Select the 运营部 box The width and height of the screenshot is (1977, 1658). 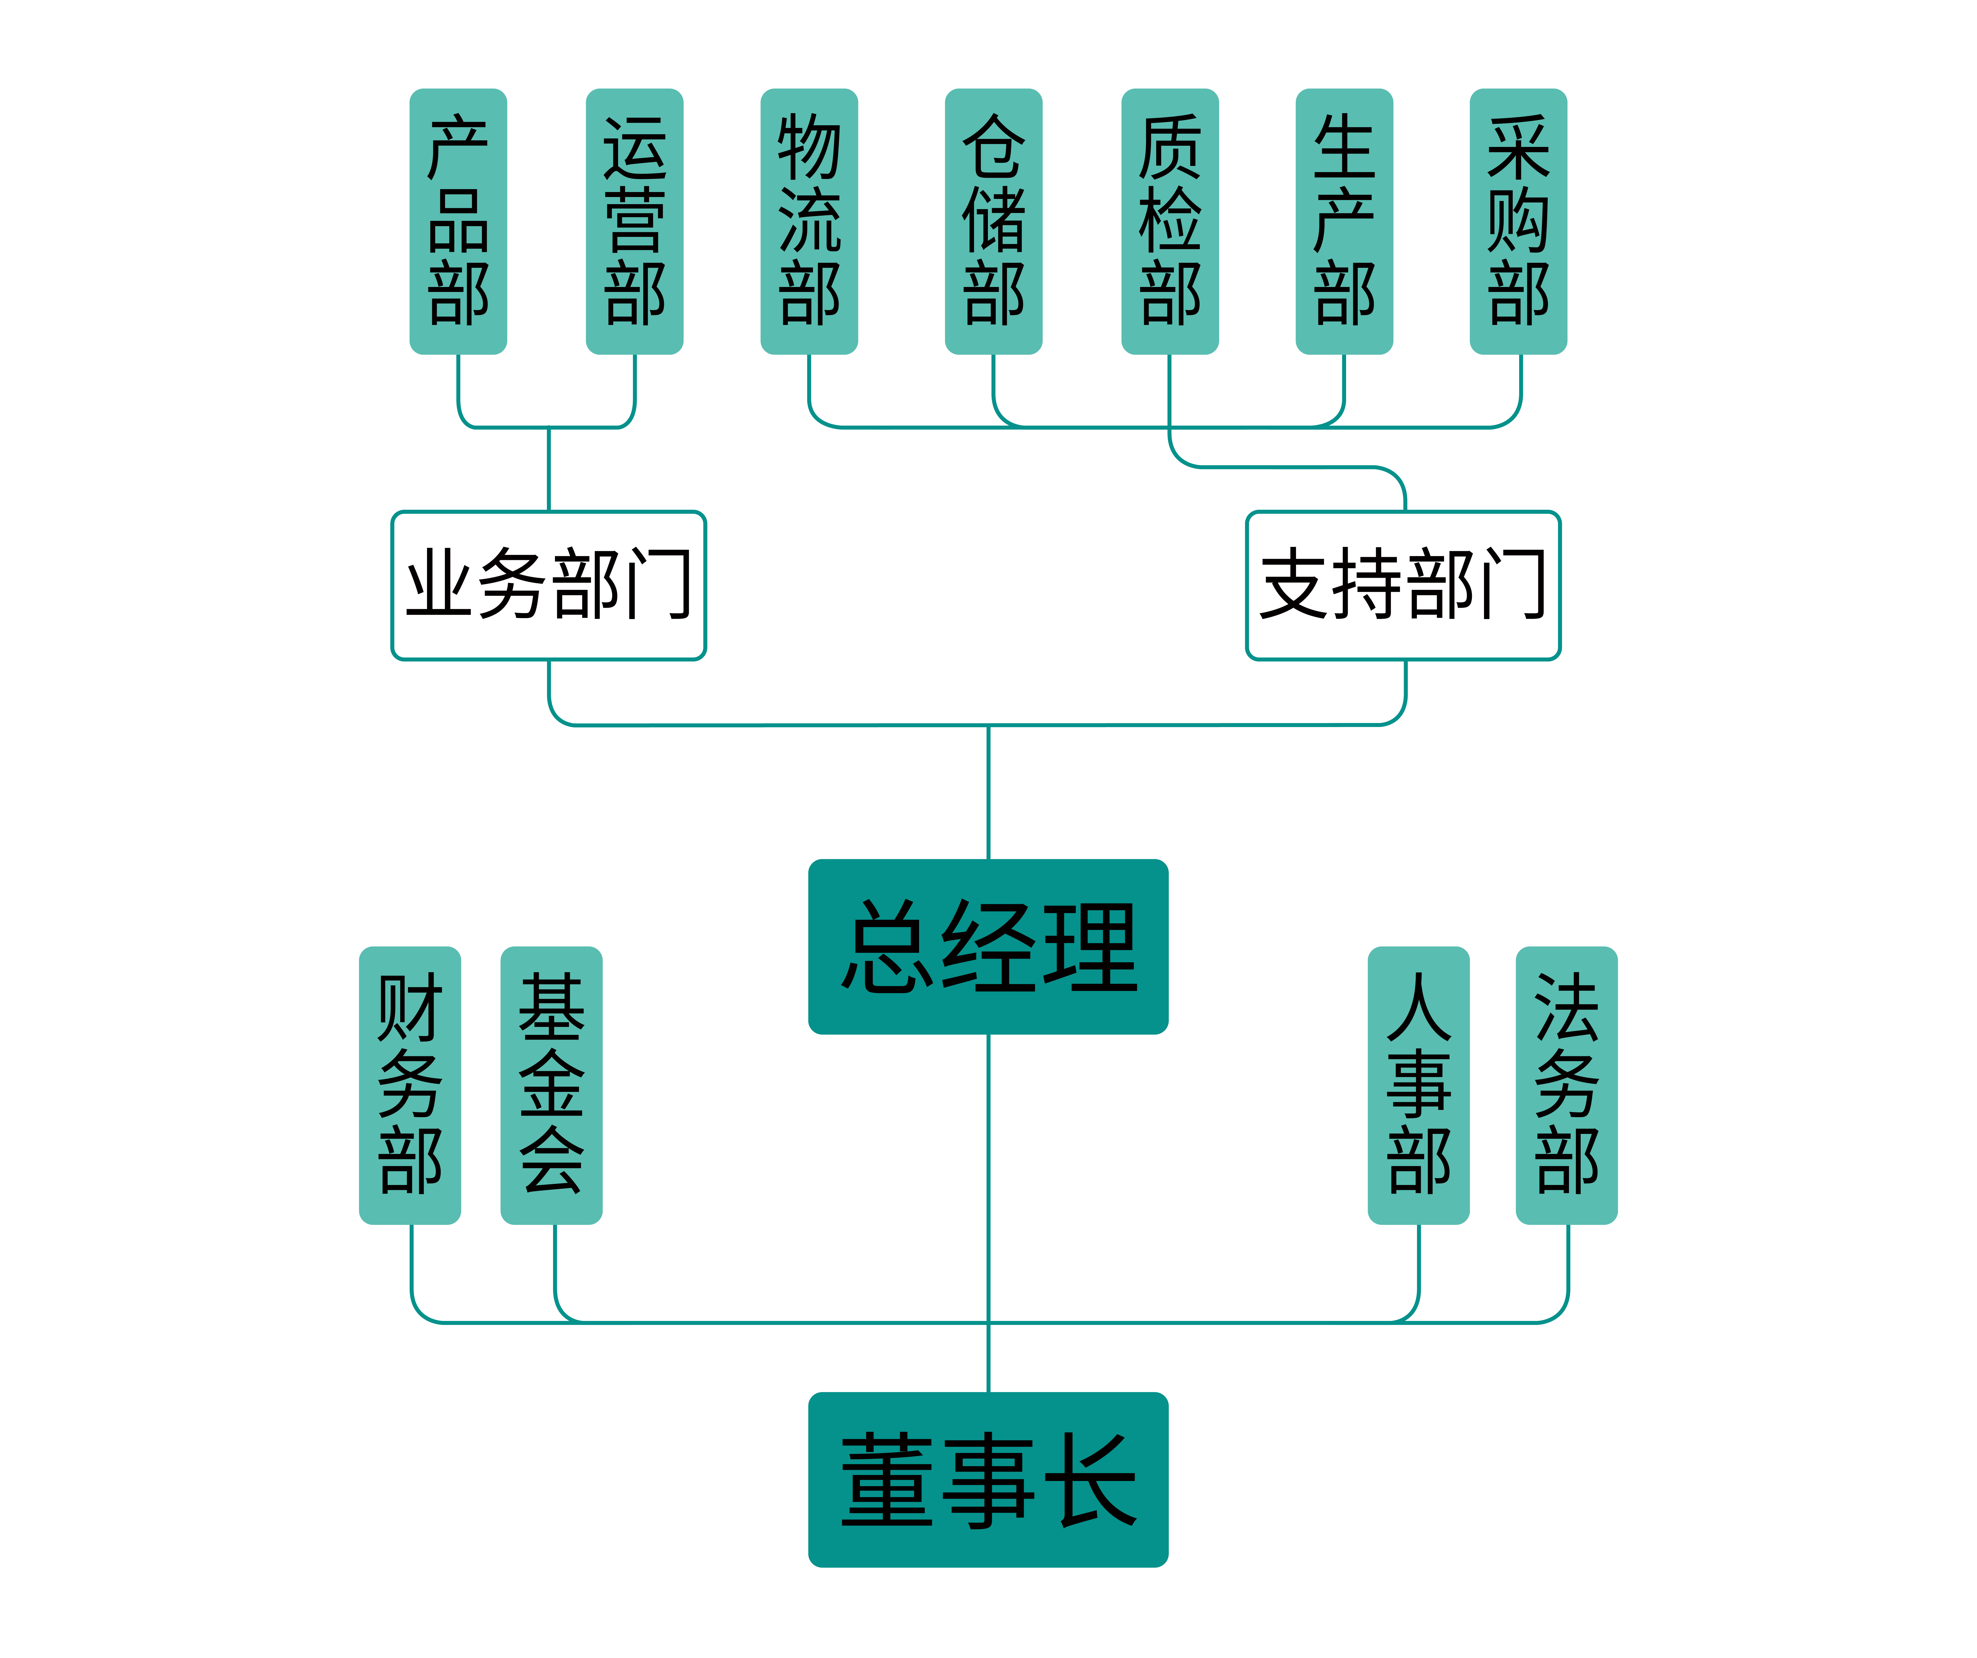634,221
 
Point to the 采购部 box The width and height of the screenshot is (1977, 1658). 1518,221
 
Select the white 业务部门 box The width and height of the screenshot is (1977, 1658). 549,586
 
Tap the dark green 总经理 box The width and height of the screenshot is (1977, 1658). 988,946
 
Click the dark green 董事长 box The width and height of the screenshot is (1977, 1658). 988,1480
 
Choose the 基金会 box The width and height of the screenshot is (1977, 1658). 552,1085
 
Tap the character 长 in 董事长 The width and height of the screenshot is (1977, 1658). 1092,1480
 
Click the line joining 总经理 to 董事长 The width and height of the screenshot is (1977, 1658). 988,1177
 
